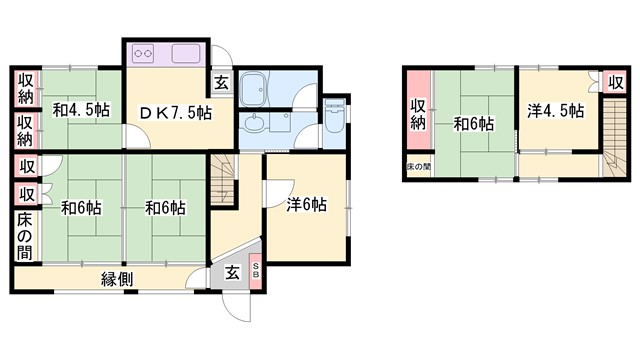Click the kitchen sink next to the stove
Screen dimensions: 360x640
click(x=186, y=53)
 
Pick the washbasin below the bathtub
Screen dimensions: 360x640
click(x=254, y=124)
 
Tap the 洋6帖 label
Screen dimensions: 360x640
click(x=308, y=205)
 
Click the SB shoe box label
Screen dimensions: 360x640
click(x=255, y=269)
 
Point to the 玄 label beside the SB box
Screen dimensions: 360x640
click(x=231, y=271)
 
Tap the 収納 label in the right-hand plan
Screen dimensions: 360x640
click(x=418, y=114)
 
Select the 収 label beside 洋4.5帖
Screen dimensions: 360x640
click(x=608, y=81)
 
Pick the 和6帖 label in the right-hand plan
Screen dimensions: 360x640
click(x=474, y=124)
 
